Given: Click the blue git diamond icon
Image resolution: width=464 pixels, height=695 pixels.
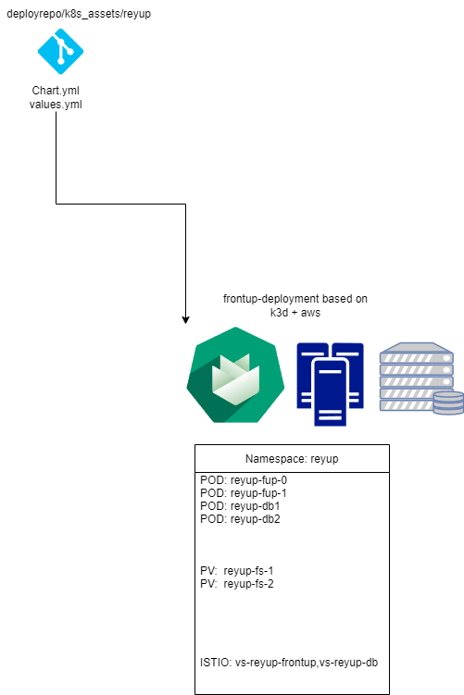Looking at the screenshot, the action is tap(60, 52).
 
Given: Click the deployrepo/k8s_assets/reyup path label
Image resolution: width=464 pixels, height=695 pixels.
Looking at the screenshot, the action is tap(79, 14).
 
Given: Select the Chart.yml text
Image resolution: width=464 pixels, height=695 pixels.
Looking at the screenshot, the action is tap(56, 91).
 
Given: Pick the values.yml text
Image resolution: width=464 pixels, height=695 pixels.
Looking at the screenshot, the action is tap(56, 105).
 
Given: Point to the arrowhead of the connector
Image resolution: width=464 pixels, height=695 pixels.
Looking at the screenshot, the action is tap(185, 320).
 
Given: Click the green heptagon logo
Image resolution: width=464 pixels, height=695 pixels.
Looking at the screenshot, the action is tap(235, 375).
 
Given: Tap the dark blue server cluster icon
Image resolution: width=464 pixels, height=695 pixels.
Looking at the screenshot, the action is tap(330, 384).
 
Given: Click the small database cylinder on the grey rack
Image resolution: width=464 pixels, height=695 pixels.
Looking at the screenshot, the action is tap(448, 403).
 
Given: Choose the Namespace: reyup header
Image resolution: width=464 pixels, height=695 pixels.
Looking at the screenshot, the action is tap(292, 459).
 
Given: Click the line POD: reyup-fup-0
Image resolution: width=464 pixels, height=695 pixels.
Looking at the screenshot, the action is tap(244, 480).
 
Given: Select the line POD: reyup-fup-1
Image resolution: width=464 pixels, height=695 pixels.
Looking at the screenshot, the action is tap(244, 493).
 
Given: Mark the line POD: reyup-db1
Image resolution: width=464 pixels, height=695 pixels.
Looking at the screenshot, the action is tap(240, 506).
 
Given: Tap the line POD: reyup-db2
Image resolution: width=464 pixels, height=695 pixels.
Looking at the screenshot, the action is tap(240, 519).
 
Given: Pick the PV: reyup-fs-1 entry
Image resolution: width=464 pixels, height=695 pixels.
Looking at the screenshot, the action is tap(237, 571).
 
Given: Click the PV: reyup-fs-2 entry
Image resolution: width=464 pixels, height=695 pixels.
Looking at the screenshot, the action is tap(237, 584).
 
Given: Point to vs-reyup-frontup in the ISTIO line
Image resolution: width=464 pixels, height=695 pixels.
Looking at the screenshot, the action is tap(275, 664).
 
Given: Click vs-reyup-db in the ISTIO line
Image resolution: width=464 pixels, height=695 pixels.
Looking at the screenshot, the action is tap(348, 663).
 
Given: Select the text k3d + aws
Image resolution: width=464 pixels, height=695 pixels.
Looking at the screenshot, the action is tap(295, 313).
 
